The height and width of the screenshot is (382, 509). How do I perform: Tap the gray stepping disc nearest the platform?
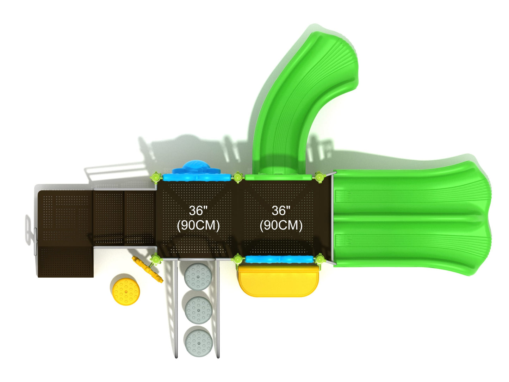coord(199,277)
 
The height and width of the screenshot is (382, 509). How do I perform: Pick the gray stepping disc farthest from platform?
coord(199,341)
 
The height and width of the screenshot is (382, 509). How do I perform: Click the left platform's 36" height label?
coord(198,211)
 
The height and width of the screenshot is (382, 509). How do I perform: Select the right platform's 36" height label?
coord(281,211)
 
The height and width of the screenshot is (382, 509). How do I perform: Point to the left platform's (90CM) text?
coord(198,225)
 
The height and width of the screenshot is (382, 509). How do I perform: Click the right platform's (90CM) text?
coord(281,225)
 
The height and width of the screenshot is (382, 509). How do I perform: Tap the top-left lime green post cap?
coord(156,177)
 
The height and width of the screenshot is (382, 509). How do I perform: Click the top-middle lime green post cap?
coord(238,177)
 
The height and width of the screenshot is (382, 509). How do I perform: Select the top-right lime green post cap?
coord(319,177)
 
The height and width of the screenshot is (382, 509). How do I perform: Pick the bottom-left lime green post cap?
coord(155,260)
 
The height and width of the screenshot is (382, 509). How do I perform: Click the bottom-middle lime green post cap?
coord(238,260)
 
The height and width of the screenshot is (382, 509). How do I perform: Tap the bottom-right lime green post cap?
coord(319,260)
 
